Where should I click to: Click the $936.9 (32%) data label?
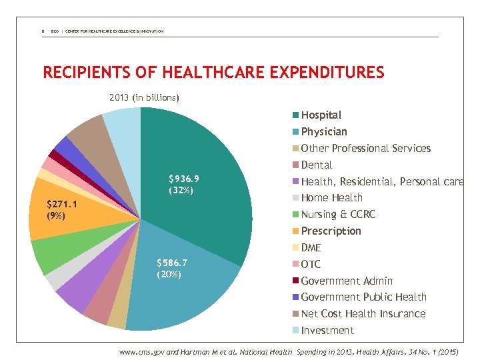183,185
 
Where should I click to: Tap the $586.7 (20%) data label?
171,269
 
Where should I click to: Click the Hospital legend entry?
321,115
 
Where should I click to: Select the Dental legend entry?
316,165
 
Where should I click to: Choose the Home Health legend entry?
331,198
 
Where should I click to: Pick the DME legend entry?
311,247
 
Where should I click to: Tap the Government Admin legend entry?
346,281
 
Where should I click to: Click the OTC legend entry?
311,264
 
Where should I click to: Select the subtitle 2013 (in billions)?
144,98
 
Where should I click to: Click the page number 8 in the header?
43,31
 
